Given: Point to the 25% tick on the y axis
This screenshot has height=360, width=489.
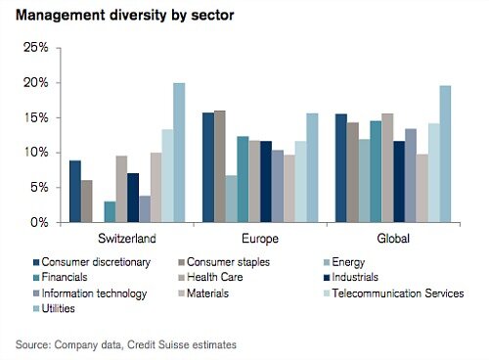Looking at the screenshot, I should click(35, 48).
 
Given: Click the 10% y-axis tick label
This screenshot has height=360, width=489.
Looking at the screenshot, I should click(35, 153).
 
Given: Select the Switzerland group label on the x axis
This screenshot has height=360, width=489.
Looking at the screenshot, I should click(126, 239).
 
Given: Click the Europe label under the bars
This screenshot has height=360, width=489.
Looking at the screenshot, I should click(260, 239).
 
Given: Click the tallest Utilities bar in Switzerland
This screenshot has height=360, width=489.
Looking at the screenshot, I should click(179, 153).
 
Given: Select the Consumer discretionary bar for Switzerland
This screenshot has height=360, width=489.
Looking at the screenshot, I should click(75, 192).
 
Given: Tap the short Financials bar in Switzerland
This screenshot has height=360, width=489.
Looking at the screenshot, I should click(111, 212).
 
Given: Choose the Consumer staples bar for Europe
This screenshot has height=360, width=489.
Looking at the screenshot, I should click(219, 167).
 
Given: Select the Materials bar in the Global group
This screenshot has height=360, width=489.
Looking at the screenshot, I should click(422, 188).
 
